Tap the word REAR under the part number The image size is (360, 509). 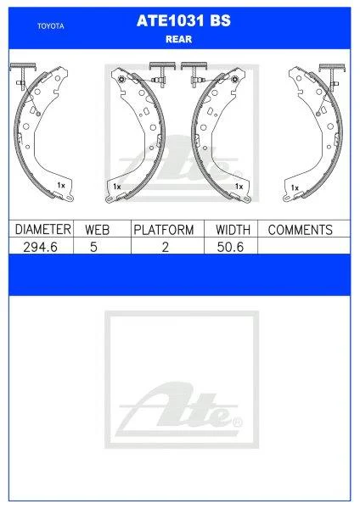click(180, 38)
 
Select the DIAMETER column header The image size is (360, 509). click(42, 230)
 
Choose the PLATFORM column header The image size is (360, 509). click(165, 230)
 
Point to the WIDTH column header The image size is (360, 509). click(231, 230)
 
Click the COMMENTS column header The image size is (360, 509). click(299, 230)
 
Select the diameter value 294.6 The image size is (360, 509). click(42, 247)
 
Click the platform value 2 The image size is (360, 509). click(165, 247)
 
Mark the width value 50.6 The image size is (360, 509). click(231, 247)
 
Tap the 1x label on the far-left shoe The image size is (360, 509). click(60, 184)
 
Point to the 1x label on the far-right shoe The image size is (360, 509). click(295, 186)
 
